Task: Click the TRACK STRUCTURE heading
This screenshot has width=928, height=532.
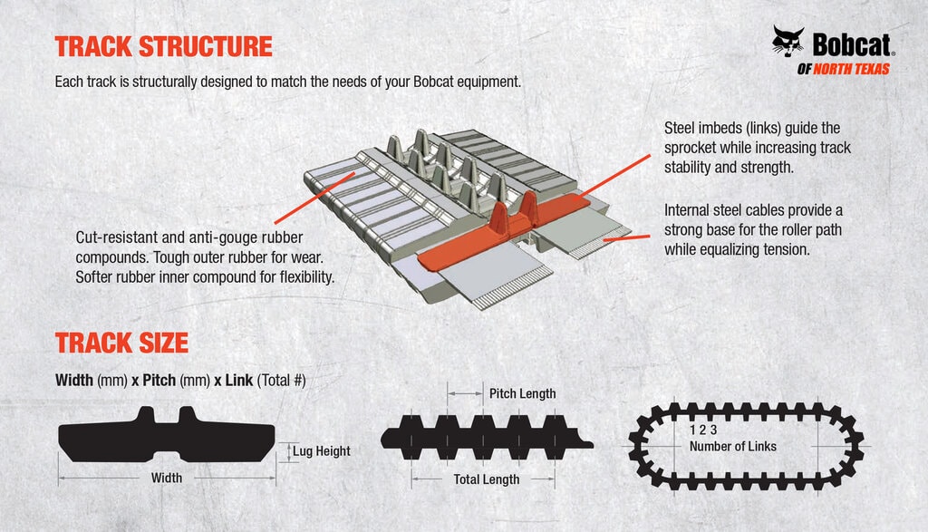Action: (x=163, y=46)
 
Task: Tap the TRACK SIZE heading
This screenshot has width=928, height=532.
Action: (x=121, y=343)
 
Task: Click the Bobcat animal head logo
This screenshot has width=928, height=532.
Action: (x=788, y=43)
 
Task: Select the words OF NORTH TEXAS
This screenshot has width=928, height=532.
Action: (x=843, y=70)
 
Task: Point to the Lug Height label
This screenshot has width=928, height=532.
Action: (x=321, y=451)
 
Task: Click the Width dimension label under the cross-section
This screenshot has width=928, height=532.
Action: (x=167, y=478)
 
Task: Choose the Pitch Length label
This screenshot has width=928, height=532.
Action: (x=522, y=393)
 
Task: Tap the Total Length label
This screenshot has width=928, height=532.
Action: (x=487, y=479)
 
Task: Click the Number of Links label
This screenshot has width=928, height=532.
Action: (x=732, y=446)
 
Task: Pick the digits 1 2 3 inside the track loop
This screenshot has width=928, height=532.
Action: (x=702, y=430)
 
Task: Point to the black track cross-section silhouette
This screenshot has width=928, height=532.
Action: (x=167, y=436)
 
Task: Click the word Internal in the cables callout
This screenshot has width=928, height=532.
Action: (x=689, y=210)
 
